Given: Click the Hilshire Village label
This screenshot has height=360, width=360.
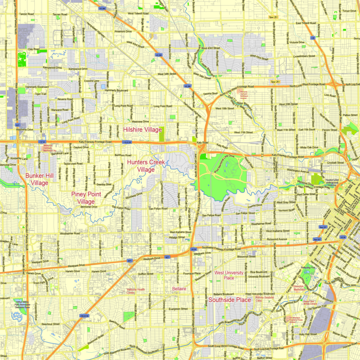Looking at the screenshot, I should click(x=142, y=130).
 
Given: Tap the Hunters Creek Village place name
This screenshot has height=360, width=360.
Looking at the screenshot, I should click(x=146, y=166).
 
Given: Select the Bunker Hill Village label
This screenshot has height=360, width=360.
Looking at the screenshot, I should click(x=37, y=179).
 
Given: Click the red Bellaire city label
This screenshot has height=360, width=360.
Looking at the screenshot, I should click(x=179, y=288).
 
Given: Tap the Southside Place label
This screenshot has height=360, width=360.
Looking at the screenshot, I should click(x=229, y=299).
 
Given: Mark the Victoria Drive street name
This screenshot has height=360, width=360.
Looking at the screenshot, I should click(x=297, y=42).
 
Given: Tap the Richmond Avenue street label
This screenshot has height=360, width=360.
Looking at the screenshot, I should click(x=277, y=239).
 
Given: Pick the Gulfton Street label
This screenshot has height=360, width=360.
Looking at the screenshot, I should click(x=146, y=274).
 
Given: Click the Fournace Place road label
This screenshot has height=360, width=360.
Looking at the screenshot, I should click(x=192, y=273).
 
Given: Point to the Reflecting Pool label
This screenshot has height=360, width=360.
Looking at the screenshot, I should click(x=308, y=267).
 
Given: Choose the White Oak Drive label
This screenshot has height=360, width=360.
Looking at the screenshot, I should click(x=310, y=147).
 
